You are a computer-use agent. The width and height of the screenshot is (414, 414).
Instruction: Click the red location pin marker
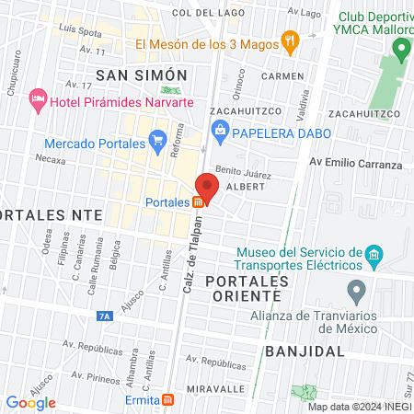pos(206,190)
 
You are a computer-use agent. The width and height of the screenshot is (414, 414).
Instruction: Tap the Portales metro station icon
pos(198,202)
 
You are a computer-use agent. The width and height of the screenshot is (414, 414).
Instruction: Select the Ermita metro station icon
pos(167,400)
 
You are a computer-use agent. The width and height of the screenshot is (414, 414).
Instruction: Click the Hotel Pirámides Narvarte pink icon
pos(38,98)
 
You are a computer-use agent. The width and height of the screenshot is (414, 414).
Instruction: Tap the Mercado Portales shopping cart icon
pos(157,143)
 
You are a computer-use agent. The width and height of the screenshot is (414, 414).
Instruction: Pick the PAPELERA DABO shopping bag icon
pos(221,132)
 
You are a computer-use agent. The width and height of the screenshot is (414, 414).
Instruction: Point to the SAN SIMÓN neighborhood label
pos(142,75)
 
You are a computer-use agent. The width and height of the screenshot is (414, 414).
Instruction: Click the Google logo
pos(30,402)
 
